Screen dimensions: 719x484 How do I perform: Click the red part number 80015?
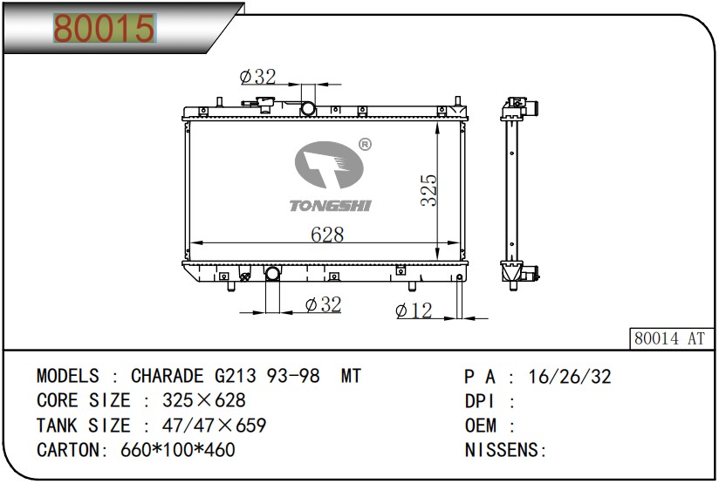point(105,29)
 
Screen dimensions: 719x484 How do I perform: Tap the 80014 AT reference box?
point(670,338)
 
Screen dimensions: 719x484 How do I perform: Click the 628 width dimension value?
point(327,235)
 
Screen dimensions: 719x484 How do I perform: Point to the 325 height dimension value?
point(429,190)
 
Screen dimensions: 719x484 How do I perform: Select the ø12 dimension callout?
point(414,310)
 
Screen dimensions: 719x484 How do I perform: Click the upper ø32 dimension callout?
point(257,77)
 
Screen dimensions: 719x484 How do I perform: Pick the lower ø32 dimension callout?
point(323,305)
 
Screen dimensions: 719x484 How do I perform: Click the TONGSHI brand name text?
point(330,206)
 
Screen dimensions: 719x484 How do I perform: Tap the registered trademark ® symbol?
point(365,145)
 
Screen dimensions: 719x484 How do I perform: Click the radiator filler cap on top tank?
point(264,104)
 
